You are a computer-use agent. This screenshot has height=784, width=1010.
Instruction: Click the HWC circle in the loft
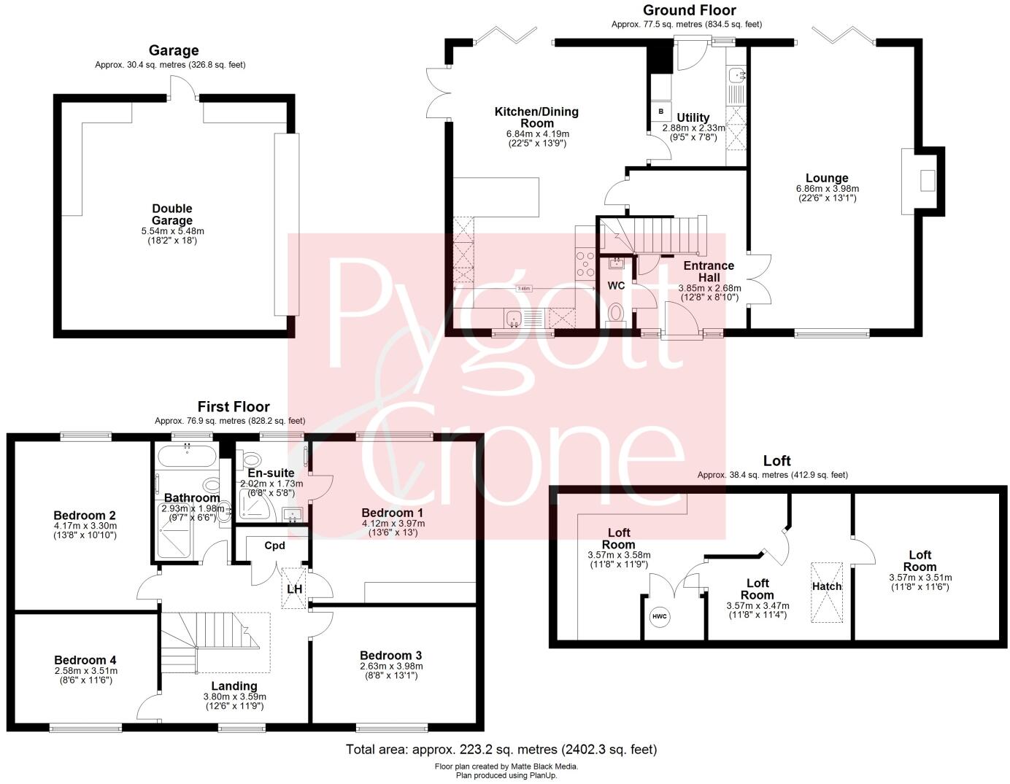660,617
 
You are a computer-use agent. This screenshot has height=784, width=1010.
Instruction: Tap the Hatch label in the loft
827,586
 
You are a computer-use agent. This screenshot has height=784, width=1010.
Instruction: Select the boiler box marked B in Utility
661,112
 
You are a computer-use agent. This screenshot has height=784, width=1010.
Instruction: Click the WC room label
617,286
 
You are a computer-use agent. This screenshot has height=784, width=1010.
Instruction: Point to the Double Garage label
172,214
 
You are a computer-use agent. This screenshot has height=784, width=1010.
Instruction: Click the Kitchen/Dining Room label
536,117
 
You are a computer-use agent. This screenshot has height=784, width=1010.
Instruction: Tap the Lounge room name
826,178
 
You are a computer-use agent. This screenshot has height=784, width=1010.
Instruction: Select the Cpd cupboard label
274,546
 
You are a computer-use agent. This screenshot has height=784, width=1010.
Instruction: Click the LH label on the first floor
295,589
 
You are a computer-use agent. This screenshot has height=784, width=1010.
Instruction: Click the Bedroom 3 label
390,655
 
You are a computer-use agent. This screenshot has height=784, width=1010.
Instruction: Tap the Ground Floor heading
689,10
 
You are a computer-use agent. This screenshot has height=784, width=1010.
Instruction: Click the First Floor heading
234,407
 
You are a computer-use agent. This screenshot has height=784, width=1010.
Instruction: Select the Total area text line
501,749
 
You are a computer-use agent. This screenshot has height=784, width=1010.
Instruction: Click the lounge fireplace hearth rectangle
927,180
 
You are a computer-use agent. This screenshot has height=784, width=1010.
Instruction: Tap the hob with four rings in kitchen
585,263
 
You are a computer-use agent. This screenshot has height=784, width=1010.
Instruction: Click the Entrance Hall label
708,271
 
